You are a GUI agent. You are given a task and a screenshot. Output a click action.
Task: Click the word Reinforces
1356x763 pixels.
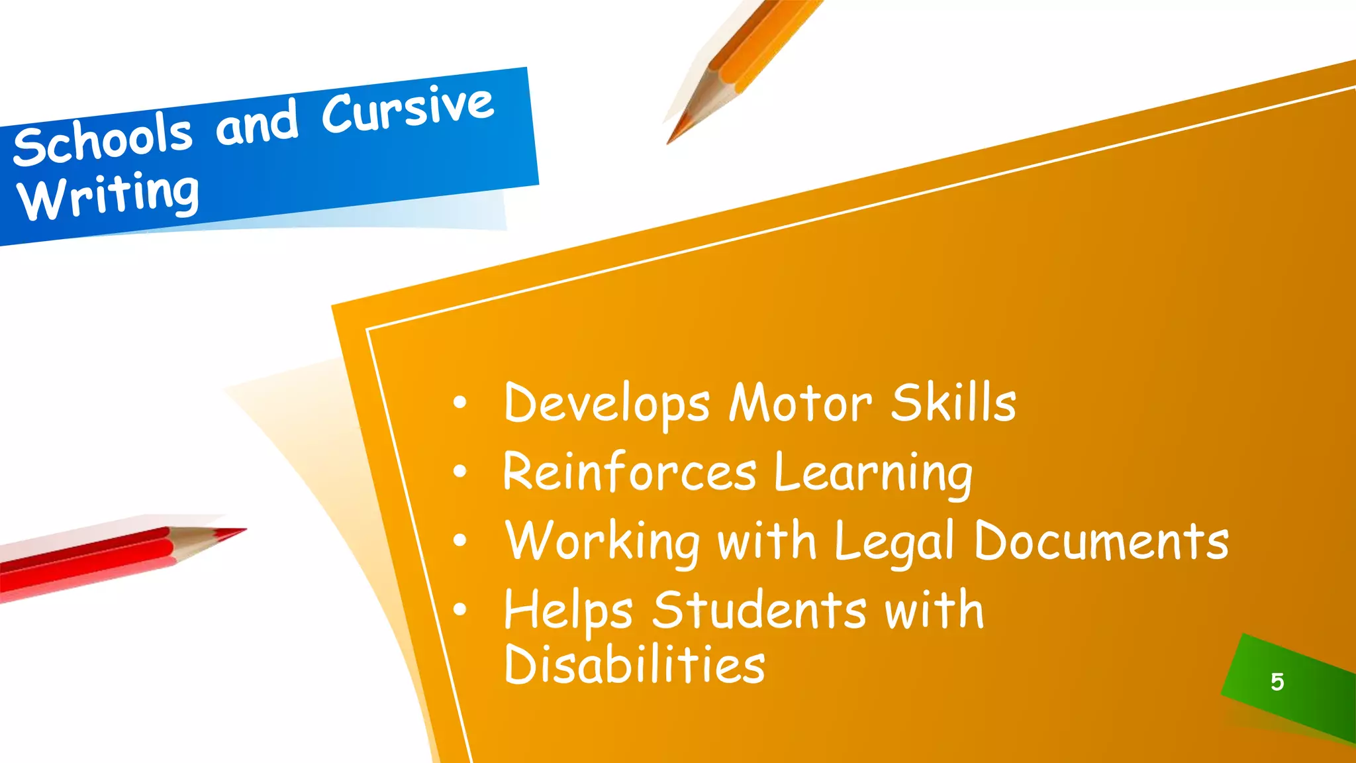[629, 472]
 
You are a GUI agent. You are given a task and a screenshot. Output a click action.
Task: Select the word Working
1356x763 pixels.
[602, 542]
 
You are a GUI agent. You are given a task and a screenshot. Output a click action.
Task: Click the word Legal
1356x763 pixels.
[894, 542]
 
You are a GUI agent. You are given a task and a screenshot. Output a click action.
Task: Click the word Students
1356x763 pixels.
[759, 609]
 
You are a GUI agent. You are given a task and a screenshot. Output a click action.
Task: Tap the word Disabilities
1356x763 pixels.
[634, 664]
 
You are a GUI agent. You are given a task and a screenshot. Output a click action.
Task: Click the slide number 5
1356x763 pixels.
[1277, 682]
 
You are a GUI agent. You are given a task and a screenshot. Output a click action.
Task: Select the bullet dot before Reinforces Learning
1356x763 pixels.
[460, 472]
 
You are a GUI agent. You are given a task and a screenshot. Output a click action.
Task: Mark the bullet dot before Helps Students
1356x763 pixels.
[460, 610]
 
